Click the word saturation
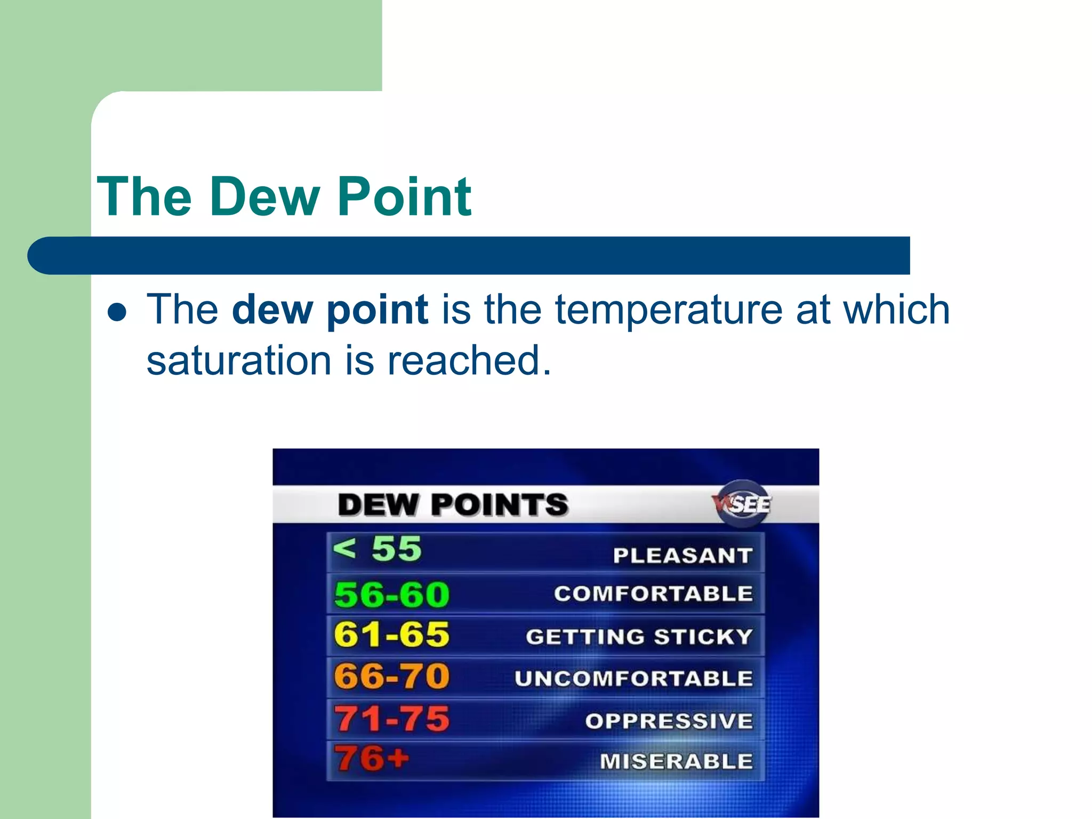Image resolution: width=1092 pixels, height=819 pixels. (x=239, y=360)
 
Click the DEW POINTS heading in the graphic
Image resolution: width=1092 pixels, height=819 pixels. (x=453, y=504)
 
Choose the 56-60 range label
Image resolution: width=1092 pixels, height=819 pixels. (x=392, y=594)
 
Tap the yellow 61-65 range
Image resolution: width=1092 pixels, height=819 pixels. (x=392, y=635)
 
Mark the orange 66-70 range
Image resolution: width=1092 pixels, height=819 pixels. (x=392, y=676)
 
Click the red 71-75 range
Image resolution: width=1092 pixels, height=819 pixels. (x=392, y=718)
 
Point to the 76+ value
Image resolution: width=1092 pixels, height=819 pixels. (x=372, y=758)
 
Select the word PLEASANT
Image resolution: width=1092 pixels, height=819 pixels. (x=682, y=556)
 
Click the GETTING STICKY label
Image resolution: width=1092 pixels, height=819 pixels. (x=639, y=637)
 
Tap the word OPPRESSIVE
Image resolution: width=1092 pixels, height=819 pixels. (x=669, y=721)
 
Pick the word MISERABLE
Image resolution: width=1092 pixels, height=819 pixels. (x=676, y=761)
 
